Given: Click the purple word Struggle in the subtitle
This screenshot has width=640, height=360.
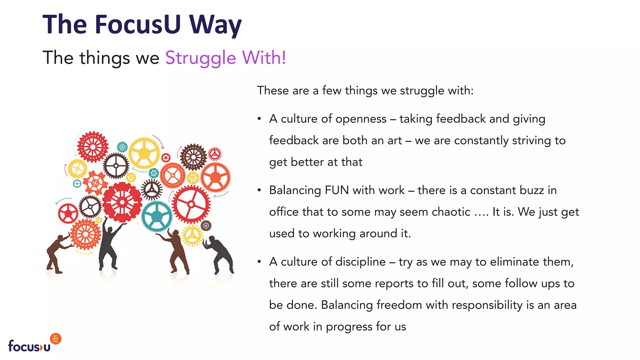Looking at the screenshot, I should [200, 58].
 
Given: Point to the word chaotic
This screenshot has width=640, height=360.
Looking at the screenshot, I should [451, 212].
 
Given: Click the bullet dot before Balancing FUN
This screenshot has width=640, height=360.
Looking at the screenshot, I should [259, 190].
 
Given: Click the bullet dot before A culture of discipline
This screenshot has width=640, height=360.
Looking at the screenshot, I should [259, 262].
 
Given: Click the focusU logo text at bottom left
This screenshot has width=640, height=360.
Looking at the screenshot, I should [29, 346].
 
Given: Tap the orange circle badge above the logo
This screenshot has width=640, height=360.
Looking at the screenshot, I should [56, 339].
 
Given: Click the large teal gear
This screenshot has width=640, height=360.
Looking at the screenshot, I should [157, 216].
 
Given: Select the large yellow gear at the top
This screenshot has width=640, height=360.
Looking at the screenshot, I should [144, 153].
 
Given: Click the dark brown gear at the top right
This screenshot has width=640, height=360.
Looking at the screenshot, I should [193, 157].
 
